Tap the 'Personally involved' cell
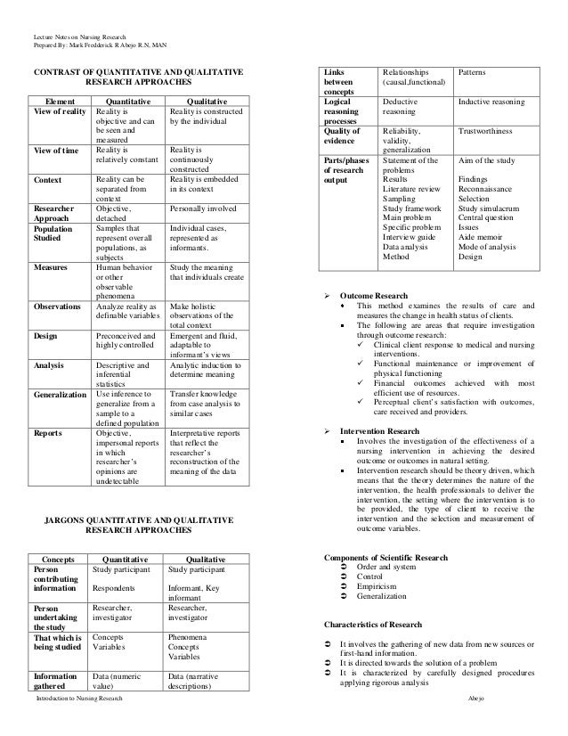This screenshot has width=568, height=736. point(198,208)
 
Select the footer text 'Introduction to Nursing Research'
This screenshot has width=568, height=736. point(76,727)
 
